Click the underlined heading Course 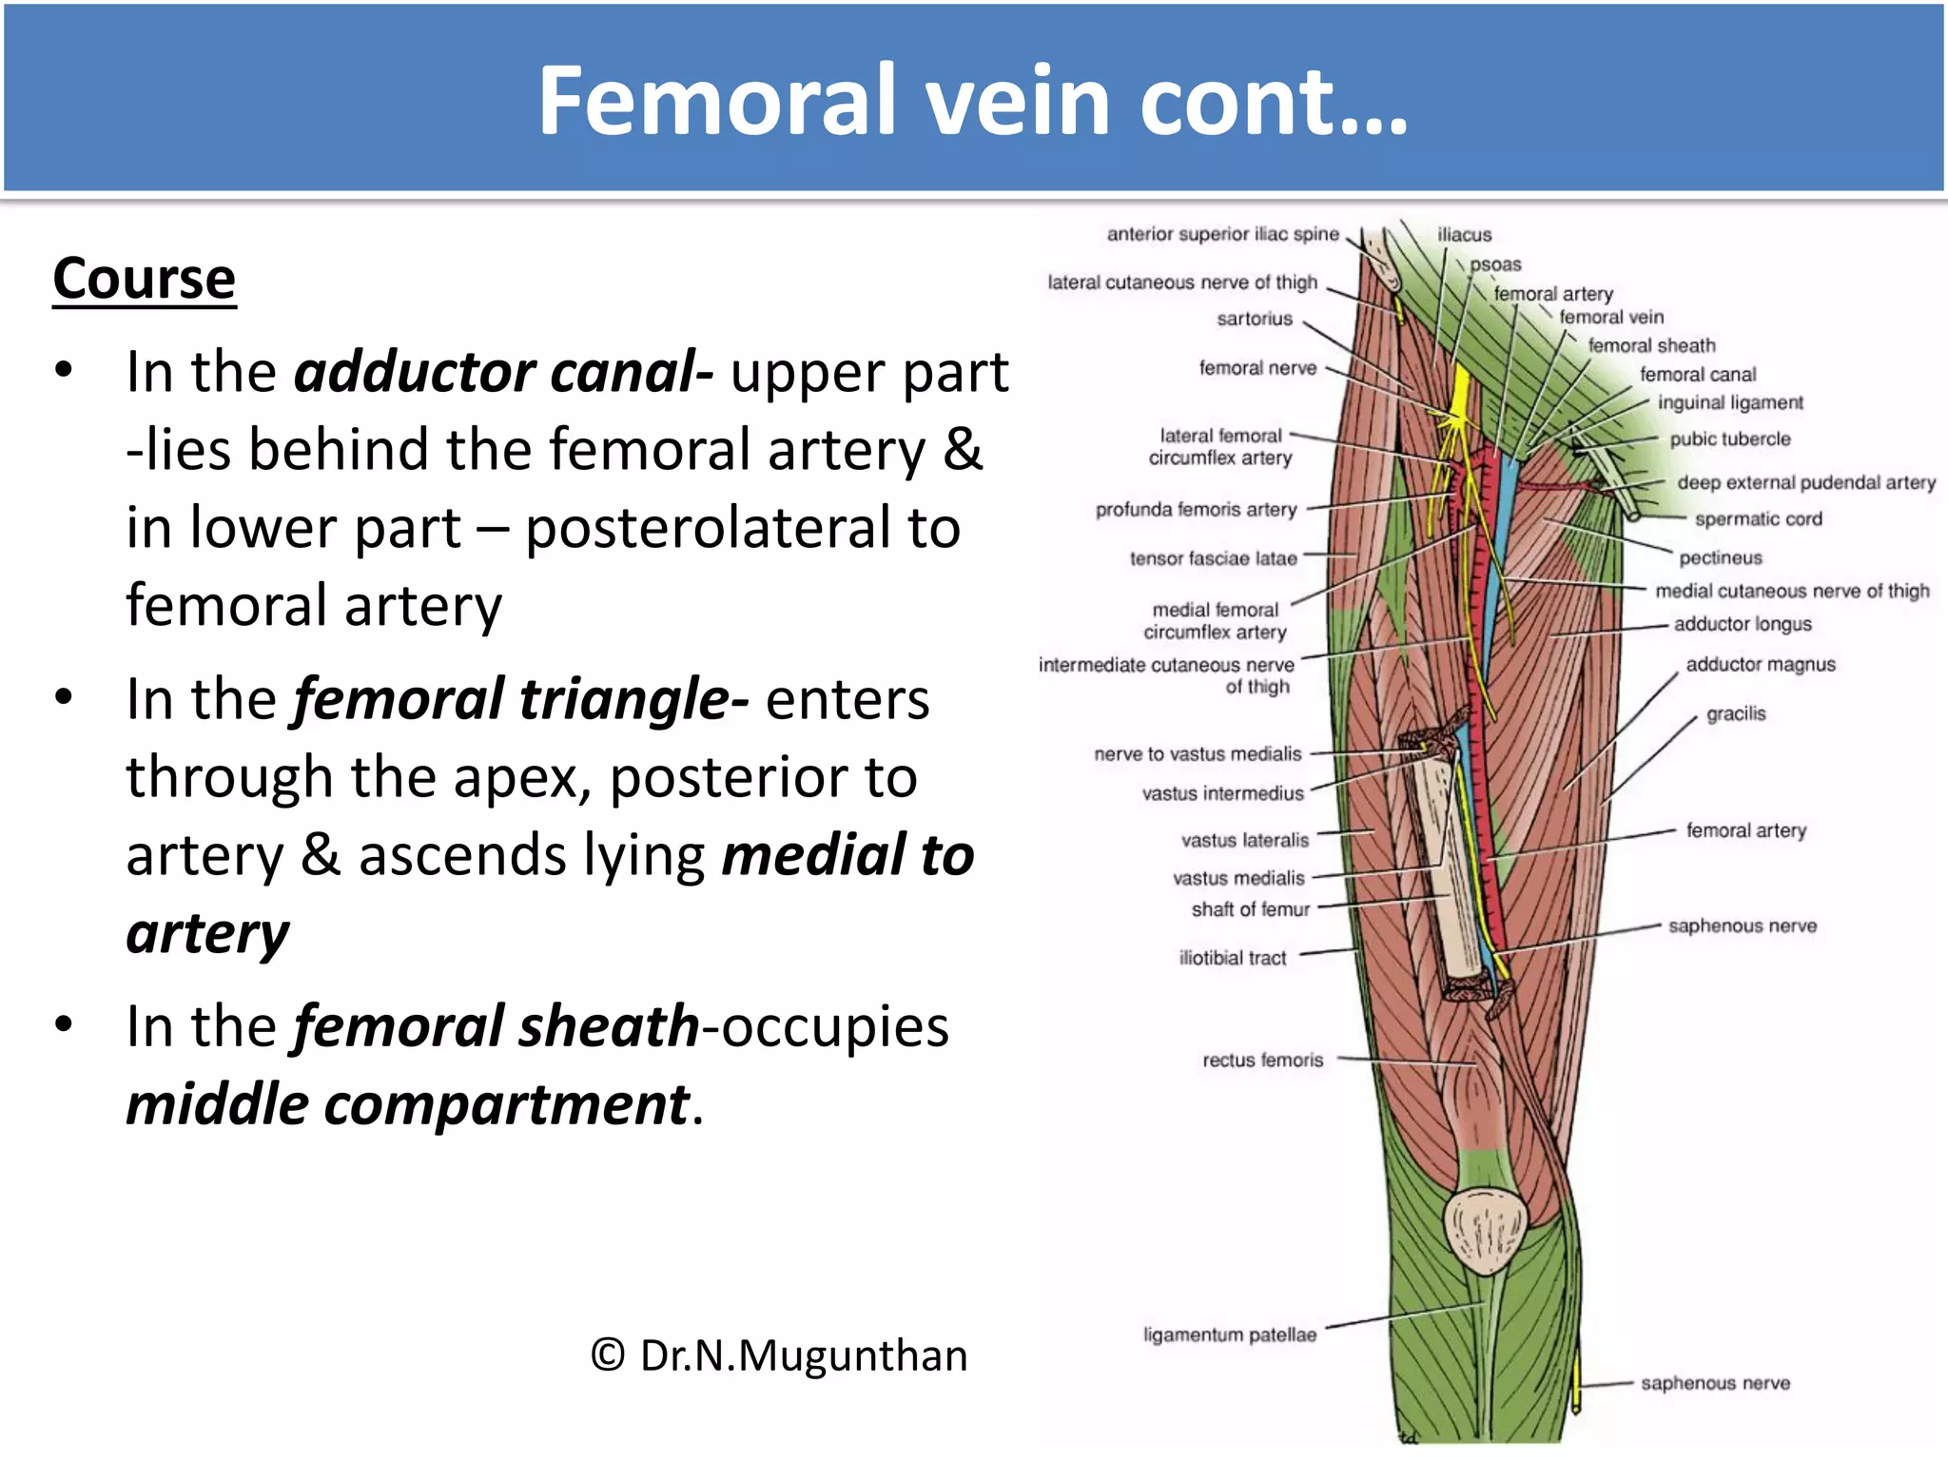click(144, 279)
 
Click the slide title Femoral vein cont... click(972, 101)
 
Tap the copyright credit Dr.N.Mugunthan click(778, 1355)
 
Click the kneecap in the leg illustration click(1485, 1229)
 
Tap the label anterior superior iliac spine click(1222, 234)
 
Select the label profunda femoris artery click(1196, 510)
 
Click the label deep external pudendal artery click(1805, 483)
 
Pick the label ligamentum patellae click(1229, 1335)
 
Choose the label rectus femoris click(1262, 1061)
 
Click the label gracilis click(1735, 714)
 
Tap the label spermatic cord click(1758, 519)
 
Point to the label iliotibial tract click(1232, 959)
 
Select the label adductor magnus click(1760, 665)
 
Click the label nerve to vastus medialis click(1197, 754)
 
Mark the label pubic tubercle click(1729, 439)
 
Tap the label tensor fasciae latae click(1213, 559)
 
